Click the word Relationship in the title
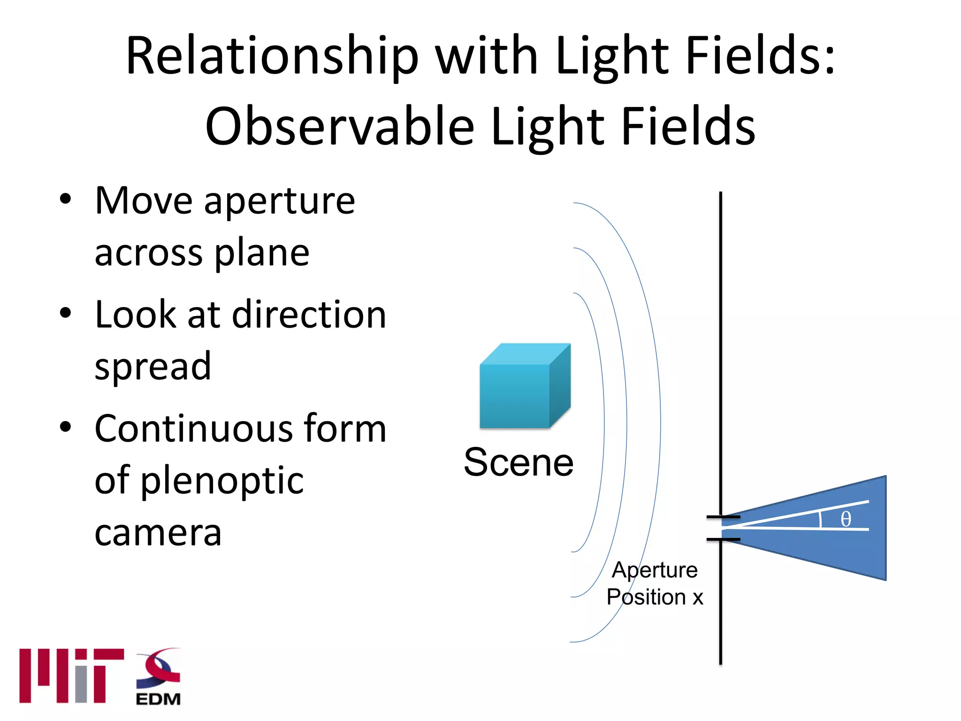pos(272,56)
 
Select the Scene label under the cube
pos(519,462)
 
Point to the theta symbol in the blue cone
pos(846,519)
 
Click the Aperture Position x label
pos(655,583)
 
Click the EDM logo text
pos(158,699)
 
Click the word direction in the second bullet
pos(309,314)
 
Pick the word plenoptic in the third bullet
pos(222,481)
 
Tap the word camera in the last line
pos(158,533)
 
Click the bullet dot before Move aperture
pos(65,199)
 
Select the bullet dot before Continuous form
pos(65,427)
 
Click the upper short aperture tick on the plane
pos(723,517)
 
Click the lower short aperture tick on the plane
pos(723,539)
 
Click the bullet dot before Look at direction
pos(65,313)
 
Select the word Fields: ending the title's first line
pos(760,56)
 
